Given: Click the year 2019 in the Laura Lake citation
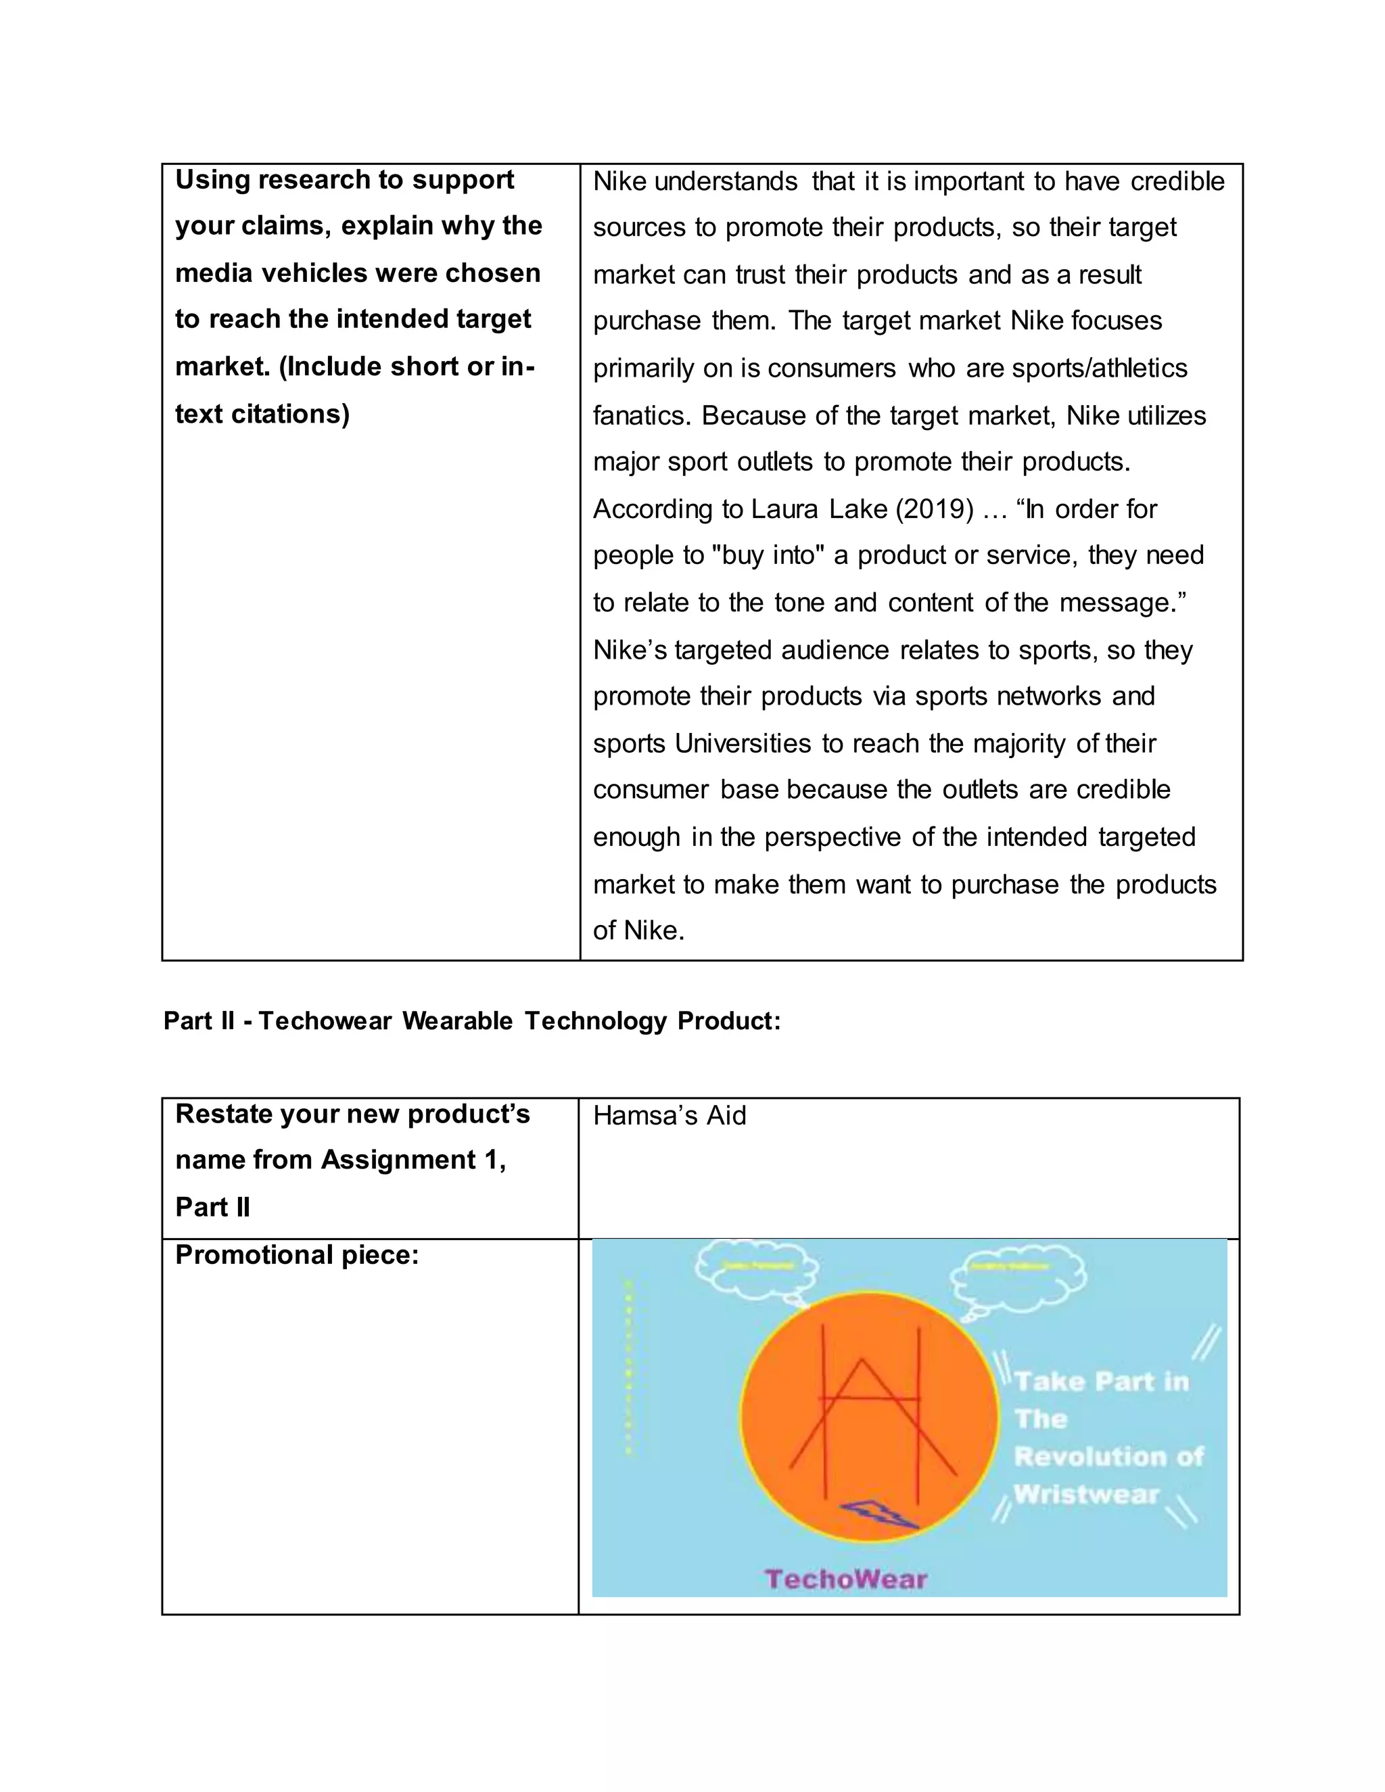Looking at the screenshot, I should point(935,510).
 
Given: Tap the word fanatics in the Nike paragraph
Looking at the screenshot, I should point(642,416).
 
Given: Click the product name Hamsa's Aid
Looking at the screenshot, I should point(670,1116).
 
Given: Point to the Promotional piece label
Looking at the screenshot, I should point(297,1255).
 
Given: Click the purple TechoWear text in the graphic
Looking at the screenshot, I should point(846,1579).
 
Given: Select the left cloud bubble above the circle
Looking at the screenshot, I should point(757,1270).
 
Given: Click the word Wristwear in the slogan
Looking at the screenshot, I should point(1086,1494).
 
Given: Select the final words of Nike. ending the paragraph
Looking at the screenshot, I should point(638,930).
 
